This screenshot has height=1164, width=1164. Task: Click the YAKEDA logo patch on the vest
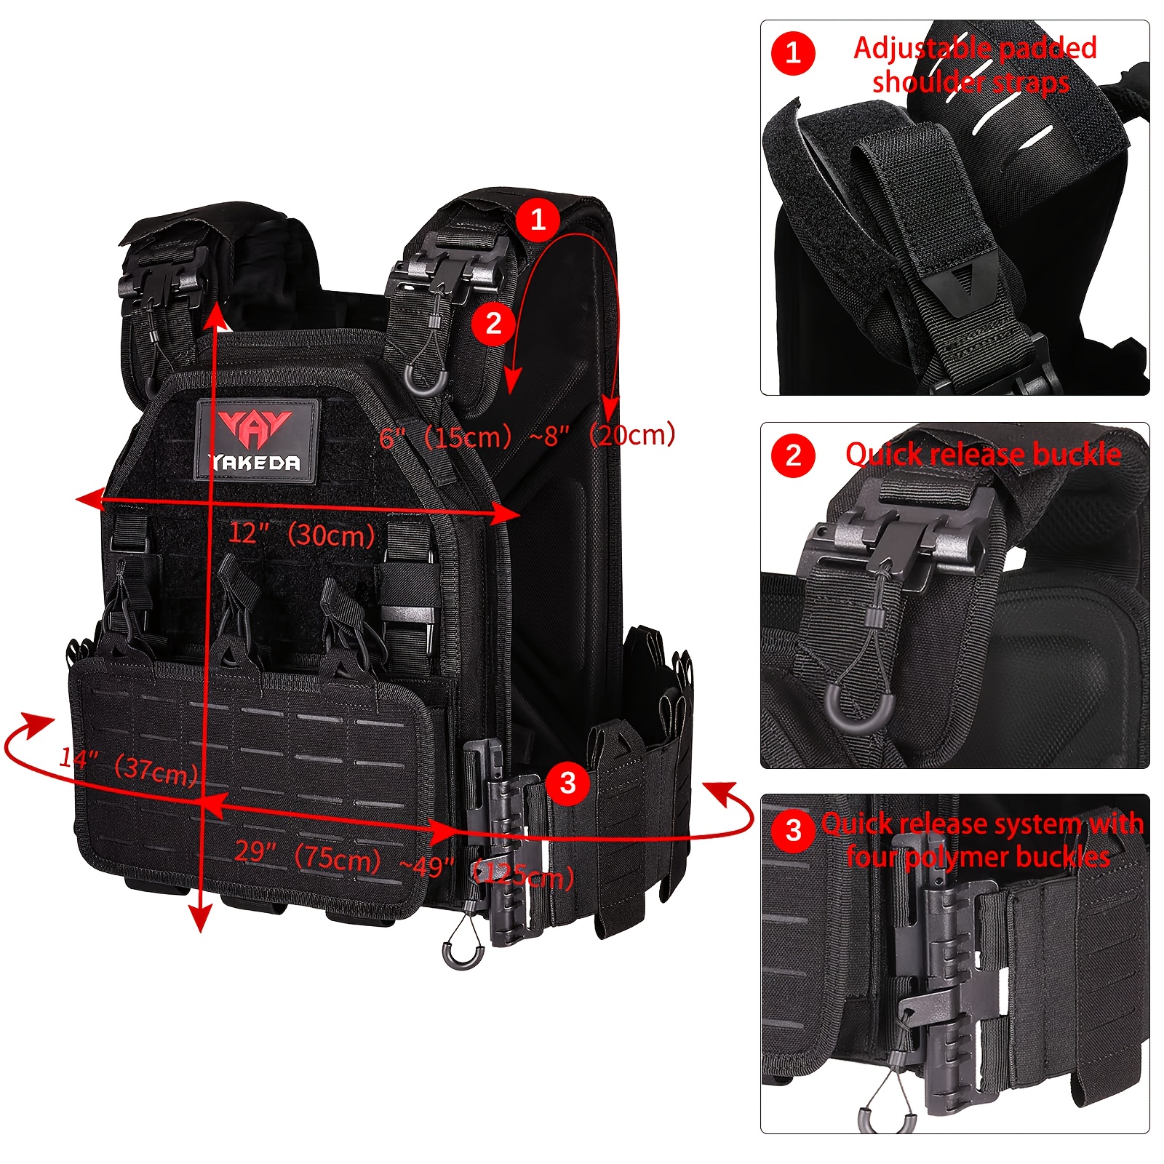click(256, 439)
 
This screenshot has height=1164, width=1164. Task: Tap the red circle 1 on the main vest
click(538, 218)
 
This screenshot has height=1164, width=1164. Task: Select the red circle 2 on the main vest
click(493, 324)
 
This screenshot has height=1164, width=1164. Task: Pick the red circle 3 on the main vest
click(567, 784)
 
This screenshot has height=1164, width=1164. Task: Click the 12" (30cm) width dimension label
click(301, 535)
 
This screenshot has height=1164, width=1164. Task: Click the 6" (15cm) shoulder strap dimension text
click(445, 436)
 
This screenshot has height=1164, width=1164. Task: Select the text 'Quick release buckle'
click(982, 455)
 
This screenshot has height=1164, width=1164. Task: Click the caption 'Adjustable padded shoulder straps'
click(973, 65)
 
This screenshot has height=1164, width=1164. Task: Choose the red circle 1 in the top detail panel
click(793, 53)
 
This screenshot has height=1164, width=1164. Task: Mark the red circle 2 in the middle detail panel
click(793, 456)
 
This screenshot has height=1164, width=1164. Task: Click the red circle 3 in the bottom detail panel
click(794, 830)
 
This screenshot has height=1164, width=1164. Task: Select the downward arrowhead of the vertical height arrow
click(200, 920)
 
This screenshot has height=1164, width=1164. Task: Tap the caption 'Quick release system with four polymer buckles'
click(981, 840)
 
